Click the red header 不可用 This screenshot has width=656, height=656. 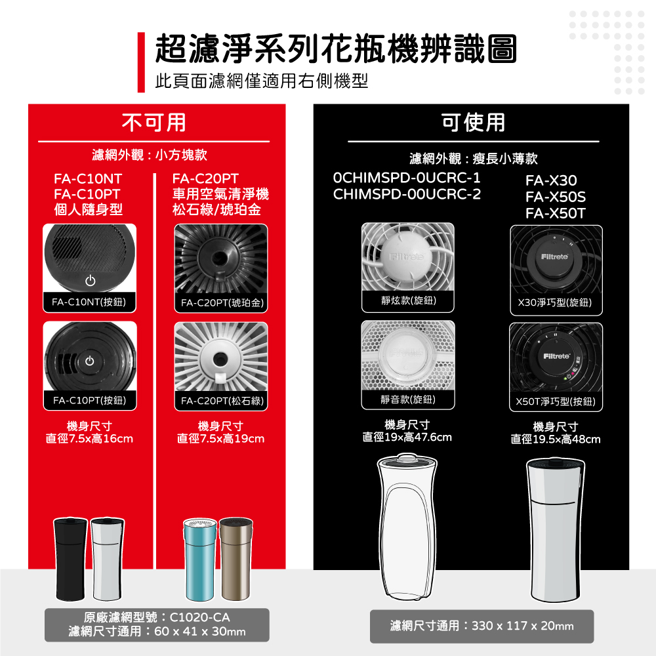tap(154, 123)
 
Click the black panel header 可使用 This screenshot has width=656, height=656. tap(473, 123)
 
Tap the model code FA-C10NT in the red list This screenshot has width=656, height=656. tap(88, 179)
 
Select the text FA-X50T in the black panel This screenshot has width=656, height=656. tap(556, 213)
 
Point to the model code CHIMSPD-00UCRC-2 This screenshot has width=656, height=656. tap(407, 194)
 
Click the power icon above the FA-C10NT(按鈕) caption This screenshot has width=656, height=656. tap(91, 280)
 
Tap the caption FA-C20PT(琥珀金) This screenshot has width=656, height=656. tap(222, 302)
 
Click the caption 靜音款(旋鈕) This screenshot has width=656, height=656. tap(408, 399)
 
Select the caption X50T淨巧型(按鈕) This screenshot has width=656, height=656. tap(556, 401)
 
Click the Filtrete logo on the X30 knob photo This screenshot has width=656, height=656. tap(554, 256)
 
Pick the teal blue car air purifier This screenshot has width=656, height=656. tap(200, 560)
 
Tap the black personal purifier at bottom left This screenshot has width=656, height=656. tap(71, 559)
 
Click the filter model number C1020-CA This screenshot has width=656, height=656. tap(199, 617)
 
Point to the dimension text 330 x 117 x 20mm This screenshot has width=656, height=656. tap(523, 626)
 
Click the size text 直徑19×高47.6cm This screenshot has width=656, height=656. tap(407, 438)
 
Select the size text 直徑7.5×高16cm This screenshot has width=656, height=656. tap(89, 439)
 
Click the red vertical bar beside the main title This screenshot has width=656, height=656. tap(141, 62)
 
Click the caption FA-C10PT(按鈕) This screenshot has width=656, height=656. tap(89, 400)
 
